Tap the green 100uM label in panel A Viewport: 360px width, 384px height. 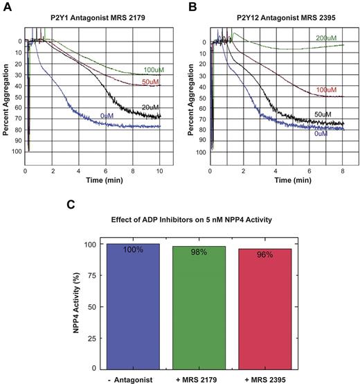(x=153, y=71)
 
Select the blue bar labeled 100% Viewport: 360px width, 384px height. (x=133, y=305)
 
